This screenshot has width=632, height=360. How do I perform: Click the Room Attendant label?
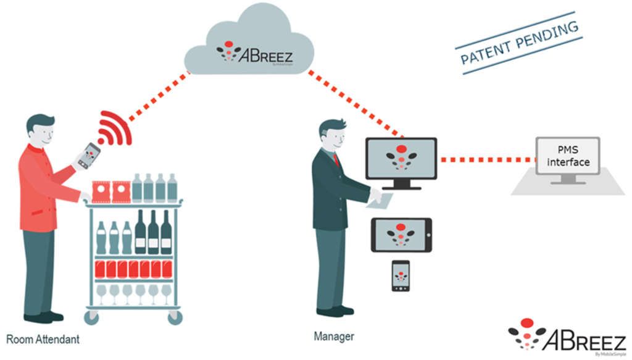click(x=43, y=339)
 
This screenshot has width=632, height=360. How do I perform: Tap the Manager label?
click(x=334, y=337)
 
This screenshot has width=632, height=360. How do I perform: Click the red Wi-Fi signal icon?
click(x=113, y=128)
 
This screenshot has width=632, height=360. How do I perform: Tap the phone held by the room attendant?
click(x=89, y=155)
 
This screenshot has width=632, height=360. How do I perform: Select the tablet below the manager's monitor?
click(x=401, y=234)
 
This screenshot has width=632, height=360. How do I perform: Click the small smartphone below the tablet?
click(x=401, y=275)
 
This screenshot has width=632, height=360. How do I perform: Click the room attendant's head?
click(x=40, y=128)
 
